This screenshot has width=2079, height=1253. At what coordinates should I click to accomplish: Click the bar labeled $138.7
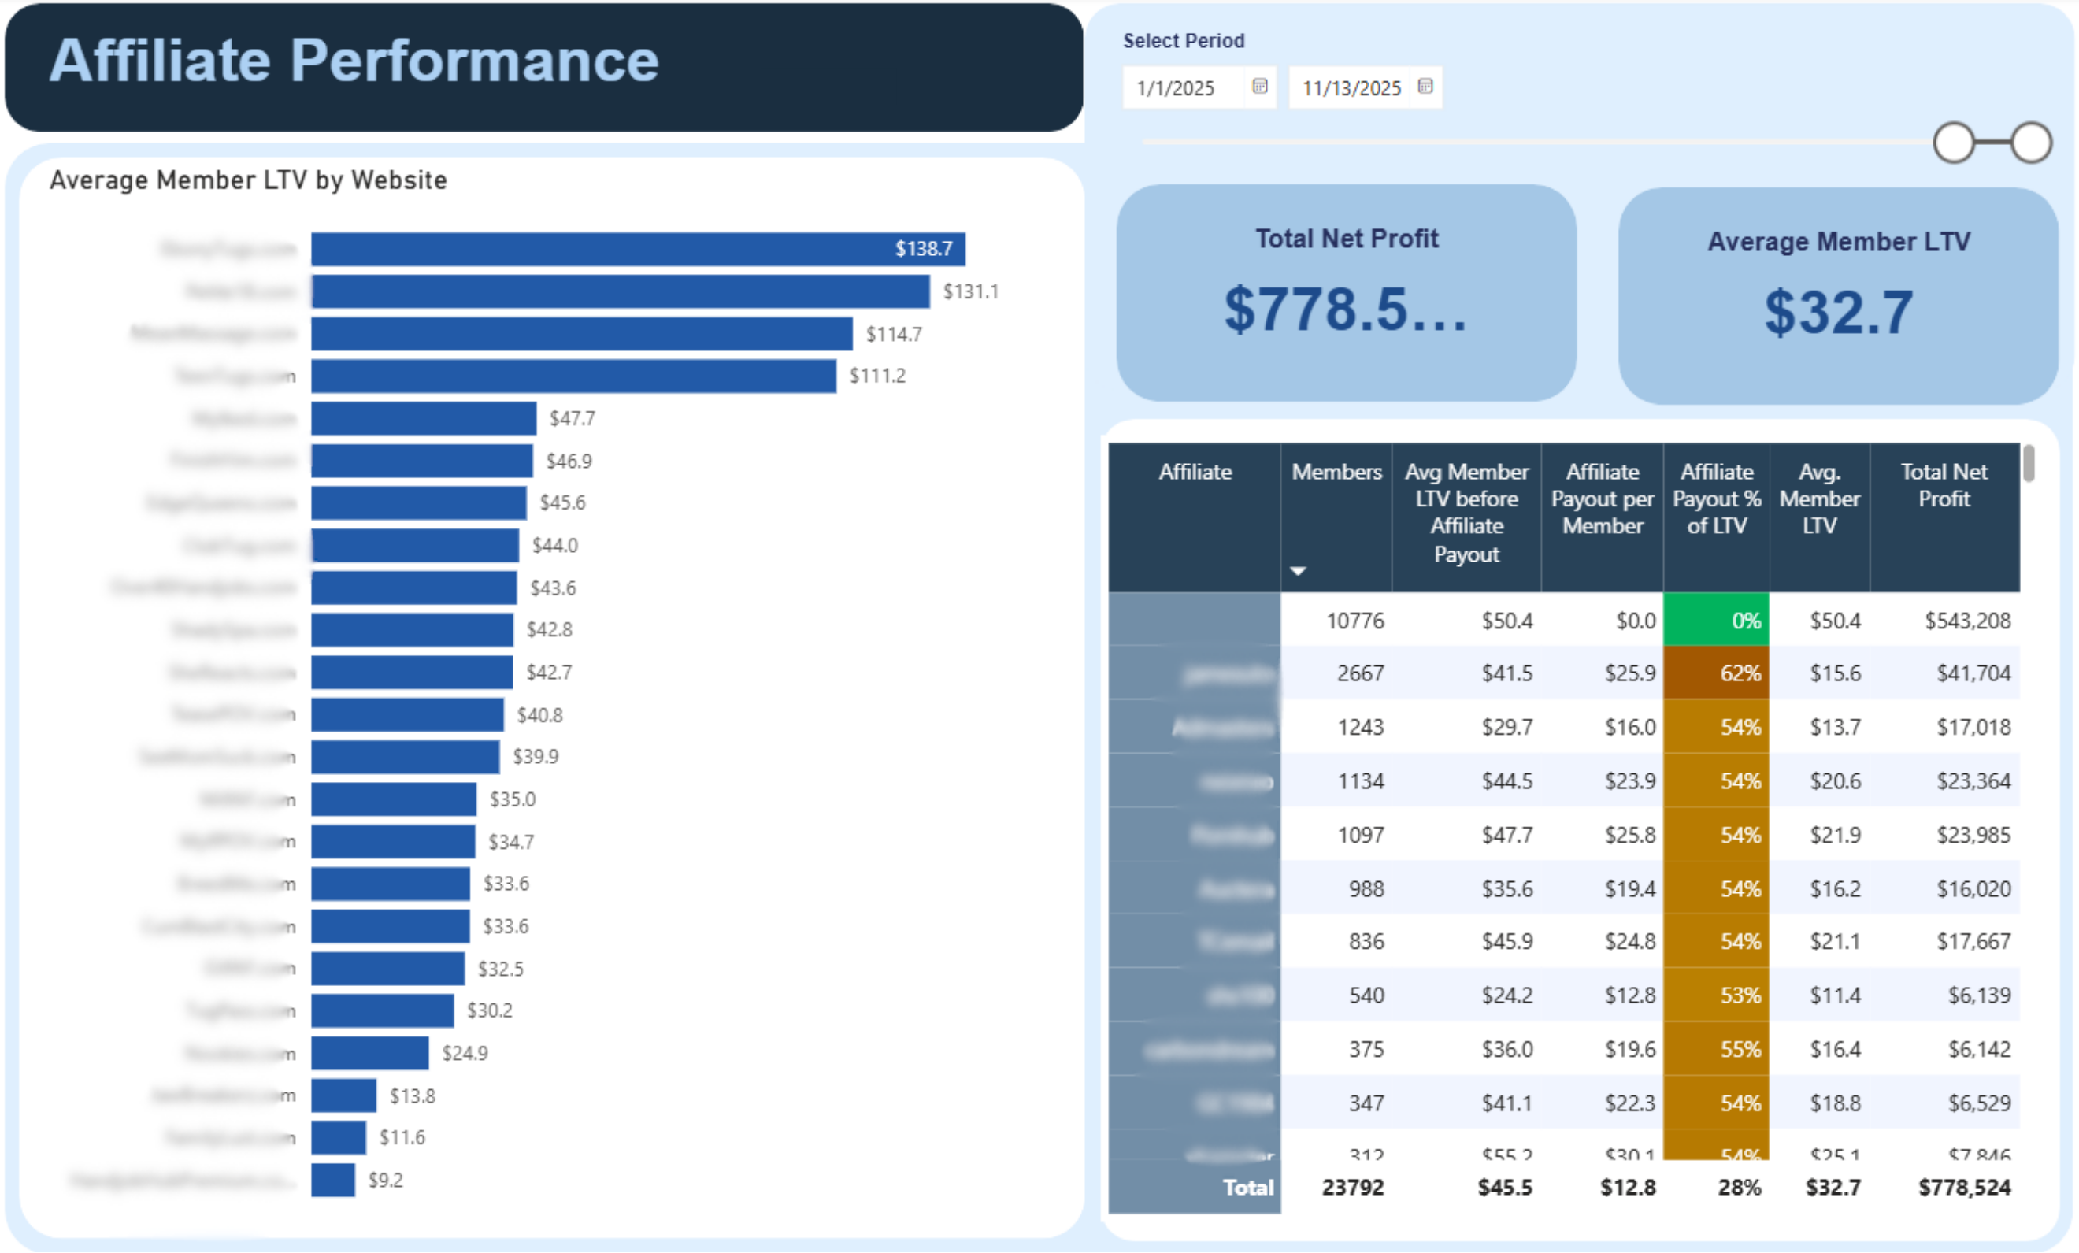(x=637, y=249)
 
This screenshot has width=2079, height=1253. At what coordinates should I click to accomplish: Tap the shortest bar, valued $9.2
(x=332, y=1180)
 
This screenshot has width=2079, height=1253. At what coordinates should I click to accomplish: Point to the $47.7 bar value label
(x=572, y=418)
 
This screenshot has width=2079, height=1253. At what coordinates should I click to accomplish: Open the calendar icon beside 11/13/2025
(x=1425, y=86)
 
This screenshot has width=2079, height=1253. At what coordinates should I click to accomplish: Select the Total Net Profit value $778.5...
(x=1345, y=309)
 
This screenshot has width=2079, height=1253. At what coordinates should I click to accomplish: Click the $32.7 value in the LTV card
(x=1838, y=312)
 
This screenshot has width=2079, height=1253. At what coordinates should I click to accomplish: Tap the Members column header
(x=1336, y=472)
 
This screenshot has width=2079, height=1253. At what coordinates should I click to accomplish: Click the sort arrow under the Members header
(x=1298, y=571)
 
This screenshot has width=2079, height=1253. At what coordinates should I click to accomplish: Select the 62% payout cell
(x=1715, y=673)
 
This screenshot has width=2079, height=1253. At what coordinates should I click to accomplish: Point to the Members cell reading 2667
(x=1359, y=673)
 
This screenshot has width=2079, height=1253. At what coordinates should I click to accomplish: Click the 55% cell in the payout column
(x=1715, y=1049)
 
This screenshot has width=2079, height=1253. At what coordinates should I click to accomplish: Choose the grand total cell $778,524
(x=1963, y=1187)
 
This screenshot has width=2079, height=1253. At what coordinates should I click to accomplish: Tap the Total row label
(x=1247, y=1187)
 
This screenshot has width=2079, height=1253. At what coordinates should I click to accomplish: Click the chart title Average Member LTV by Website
(x=248, y=180)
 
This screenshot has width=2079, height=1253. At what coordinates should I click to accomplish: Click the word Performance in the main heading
(x=473, y=61)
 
